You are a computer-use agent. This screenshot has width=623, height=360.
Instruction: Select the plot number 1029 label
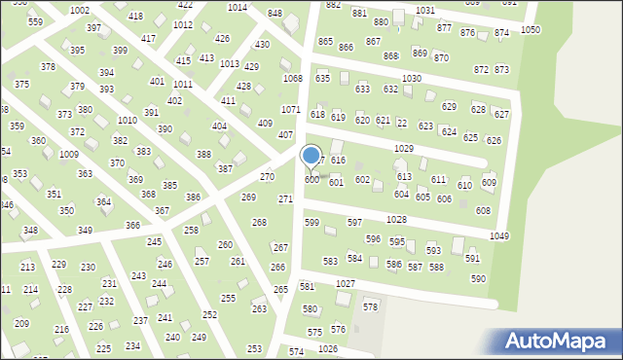pyautogui.click(x=404, y=148)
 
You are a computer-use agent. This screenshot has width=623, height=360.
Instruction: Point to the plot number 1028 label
pyautogui.click(x=396, y=220)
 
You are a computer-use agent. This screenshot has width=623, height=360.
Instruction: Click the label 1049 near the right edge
pyautogui.click(x=499, y=236)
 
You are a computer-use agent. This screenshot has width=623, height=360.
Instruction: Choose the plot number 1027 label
pyautogui.click(x=345, y=283)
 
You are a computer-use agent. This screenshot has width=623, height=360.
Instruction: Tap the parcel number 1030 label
pyautogui.click(x=412, y=78)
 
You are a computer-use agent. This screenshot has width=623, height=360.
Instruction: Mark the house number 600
pyautogui.click(x=311, y=180)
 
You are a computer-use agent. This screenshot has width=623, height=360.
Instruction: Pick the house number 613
pyautogui.click(x=403, y=176)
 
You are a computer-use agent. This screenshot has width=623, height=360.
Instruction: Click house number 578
pyautogui.click(x=370, y=306)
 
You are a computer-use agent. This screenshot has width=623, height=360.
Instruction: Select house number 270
pyautogui.click(x=267, y=177)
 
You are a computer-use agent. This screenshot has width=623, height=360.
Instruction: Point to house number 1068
pyautogui.click(x=292, y=78)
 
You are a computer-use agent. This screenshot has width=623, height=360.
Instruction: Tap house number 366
pyautogui.click(x=132, y=225)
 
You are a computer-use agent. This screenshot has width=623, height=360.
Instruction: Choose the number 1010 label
pyautogui.click(x=127, y=120)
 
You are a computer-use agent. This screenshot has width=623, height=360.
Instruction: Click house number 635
pyautogui.click(x=322, y=78)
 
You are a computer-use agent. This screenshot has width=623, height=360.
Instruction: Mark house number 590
pyautogui.click(x=478, y=279)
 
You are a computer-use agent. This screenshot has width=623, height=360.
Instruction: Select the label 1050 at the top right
pyautogui.click(x=531, y=30)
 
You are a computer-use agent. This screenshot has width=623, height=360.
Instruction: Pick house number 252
pyautogui.click(x=209, y=314)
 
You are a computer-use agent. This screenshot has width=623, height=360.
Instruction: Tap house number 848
pyautogui.click(x=275, y=14)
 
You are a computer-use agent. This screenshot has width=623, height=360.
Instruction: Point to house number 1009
pyautogui.click(x=68, y=155)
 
